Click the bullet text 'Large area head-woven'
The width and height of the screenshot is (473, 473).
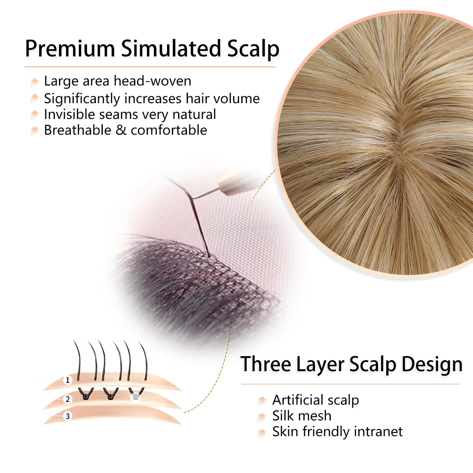[118, 81]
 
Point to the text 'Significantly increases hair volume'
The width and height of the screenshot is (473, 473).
[152, 99]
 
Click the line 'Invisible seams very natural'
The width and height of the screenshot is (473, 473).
[130, 114]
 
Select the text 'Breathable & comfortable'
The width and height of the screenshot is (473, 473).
[125, 130]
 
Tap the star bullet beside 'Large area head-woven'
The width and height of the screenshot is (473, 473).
[35, 82]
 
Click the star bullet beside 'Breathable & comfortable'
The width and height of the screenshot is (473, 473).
[35, 130]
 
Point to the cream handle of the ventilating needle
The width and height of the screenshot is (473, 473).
[232, 183]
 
